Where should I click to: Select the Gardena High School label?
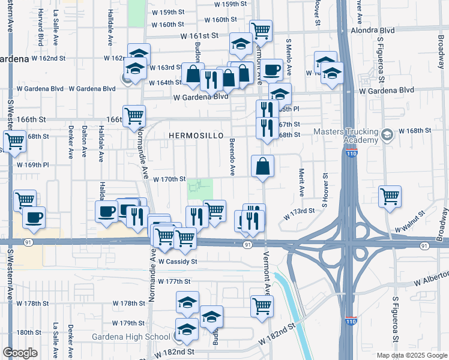coord(131,336)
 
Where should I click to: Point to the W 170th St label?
coord(169,179)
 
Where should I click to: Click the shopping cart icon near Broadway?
coord(390,196)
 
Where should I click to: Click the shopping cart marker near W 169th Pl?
coord(14,142)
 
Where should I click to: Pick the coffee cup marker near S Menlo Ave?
coord(271,70)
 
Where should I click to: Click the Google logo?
coord(20,353)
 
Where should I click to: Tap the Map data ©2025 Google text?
coord(411,355)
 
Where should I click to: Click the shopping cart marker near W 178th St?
coord(262,305)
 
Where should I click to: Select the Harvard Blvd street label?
coord(40,34)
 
